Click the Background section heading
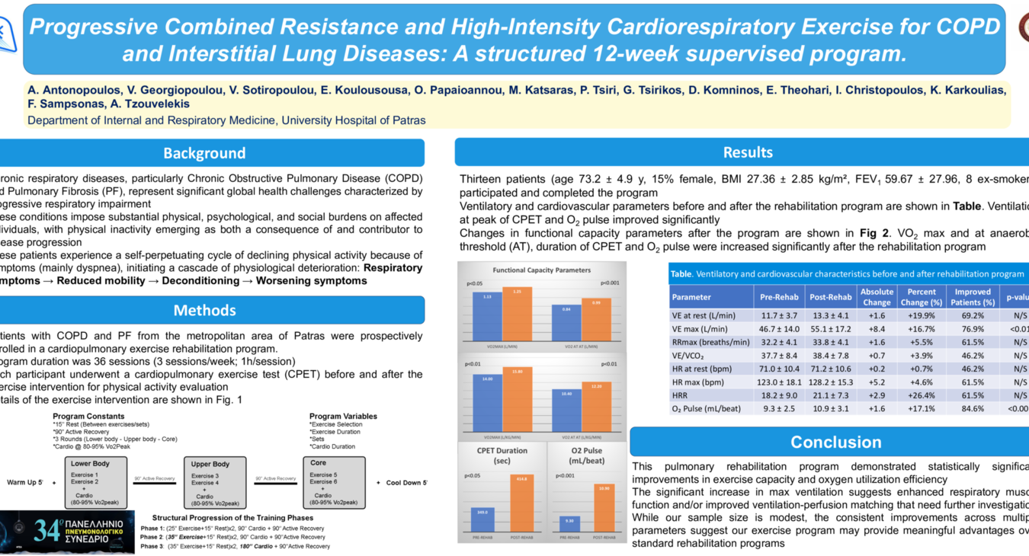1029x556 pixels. [x=204, y=153]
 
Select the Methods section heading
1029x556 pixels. [x=204, y=310]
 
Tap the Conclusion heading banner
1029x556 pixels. [x=835, y=442]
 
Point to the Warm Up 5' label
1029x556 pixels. [x=25, y=483]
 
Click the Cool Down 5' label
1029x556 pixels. [x=406, y=483]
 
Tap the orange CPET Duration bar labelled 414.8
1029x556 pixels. [x=521, y=503]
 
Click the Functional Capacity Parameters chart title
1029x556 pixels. [x=541, y=270]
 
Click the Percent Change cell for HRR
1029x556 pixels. [x=922, y=395]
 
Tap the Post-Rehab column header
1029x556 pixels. [x=830, y=297]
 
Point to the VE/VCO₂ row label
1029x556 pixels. [x=688, y=356]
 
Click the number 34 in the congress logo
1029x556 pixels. [x=47, y=530]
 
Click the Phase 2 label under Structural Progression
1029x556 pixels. [x=152, y=537]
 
